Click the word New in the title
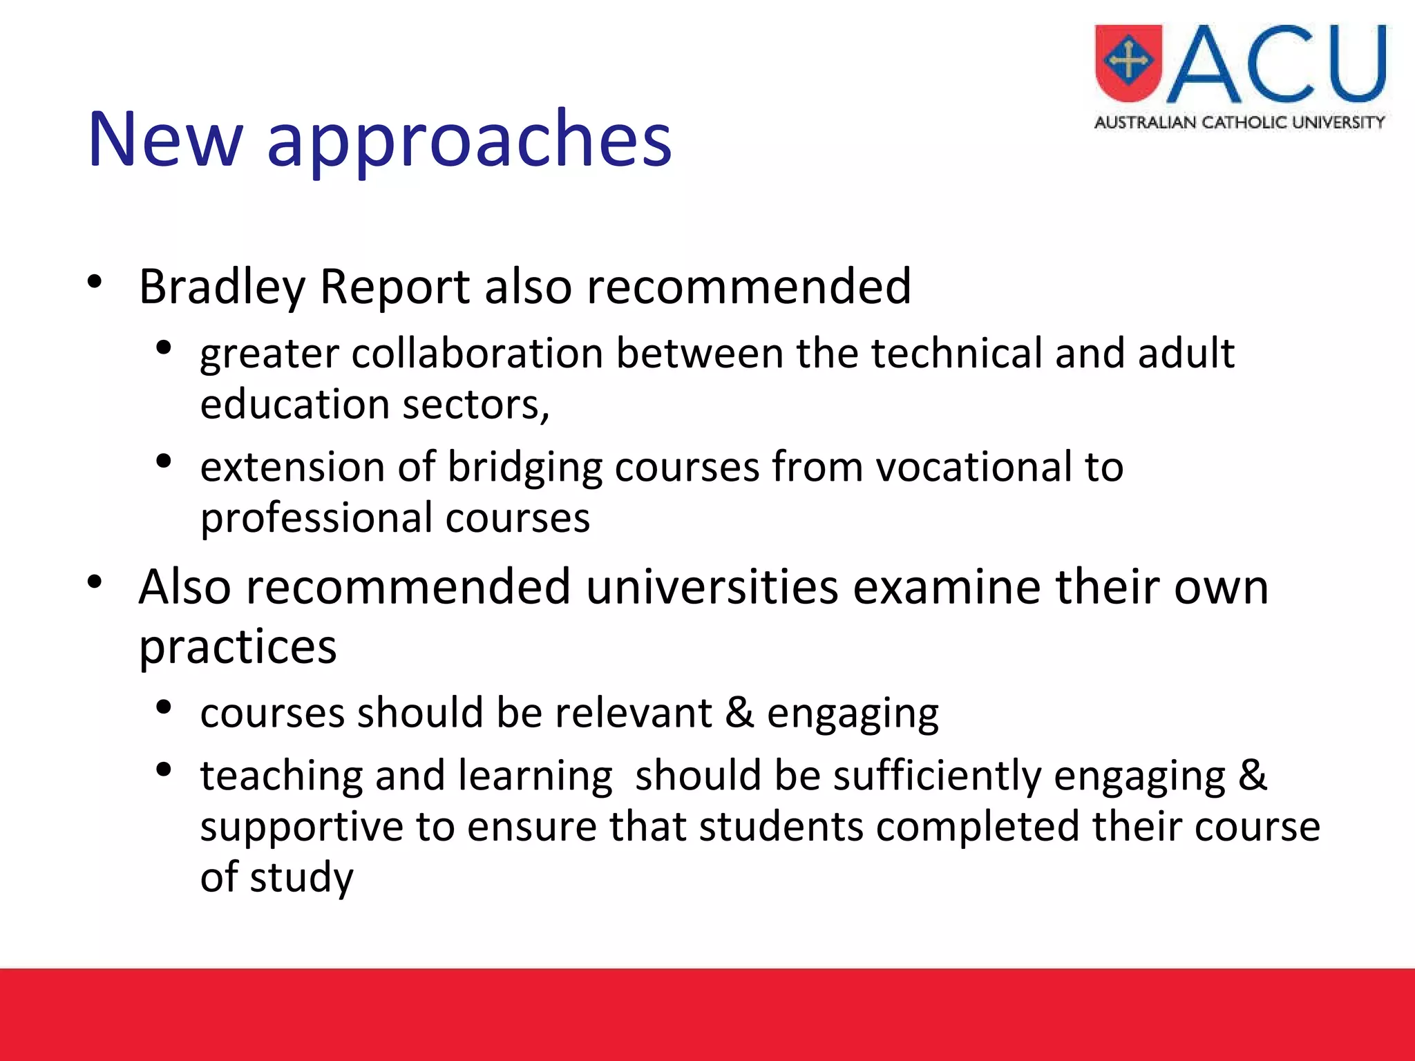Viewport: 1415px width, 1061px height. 166,140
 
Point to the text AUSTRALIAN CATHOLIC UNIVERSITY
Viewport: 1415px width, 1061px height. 1240,123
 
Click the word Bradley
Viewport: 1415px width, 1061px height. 222,287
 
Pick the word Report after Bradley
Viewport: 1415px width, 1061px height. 395,287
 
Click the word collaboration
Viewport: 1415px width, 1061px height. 477,354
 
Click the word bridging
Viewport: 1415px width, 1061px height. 525,468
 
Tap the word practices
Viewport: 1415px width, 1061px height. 238,648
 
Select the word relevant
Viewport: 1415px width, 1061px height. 633,713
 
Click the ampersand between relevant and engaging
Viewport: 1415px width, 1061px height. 739,713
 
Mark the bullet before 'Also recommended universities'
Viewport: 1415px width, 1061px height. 95,582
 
